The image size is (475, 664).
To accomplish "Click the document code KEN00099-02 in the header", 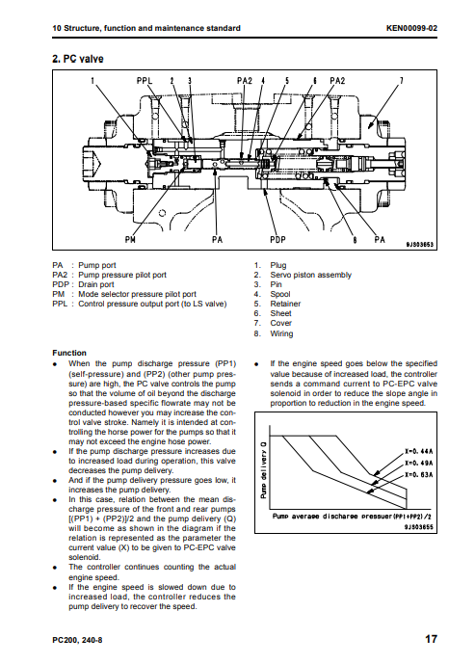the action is [411, 28].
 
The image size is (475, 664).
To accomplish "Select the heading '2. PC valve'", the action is [78, 59].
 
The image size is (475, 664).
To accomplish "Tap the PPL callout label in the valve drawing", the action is [145, 80].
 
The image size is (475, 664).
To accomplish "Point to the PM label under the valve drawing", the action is [130, 240].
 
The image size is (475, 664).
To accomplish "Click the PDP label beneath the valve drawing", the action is [278, 240].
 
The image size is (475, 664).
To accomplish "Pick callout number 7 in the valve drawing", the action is [402, 80].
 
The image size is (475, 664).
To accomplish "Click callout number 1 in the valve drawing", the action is [92, 80].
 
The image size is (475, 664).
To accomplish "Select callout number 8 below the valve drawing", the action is [356, 240].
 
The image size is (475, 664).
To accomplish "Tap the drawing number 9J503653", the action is [419, 245].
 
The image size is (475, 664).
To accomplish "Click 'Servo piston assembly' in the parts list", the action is [311, 275].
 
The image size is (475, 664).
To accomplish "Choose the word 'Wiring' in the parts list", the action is [281, 333].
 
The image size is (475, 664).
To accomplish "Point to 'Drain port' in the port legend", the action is [96, 284].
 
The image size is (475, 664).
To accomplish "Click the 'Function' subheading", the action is [69, 353].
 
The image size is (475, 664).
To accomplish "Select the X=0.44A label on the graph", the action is [419, 451].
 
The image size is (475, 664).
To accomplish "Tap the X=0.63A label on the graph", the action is [419, 475].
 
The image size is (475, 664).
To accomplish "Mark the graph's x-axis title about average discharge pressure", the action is [352, 517].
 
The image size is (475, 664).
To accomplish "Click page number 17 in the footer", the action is [431, 639].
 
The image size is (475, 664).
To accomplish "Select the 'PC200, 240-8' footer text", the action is [77, 640].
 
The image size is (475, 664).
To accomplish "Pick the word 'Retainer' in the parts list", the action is [285, 304].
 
